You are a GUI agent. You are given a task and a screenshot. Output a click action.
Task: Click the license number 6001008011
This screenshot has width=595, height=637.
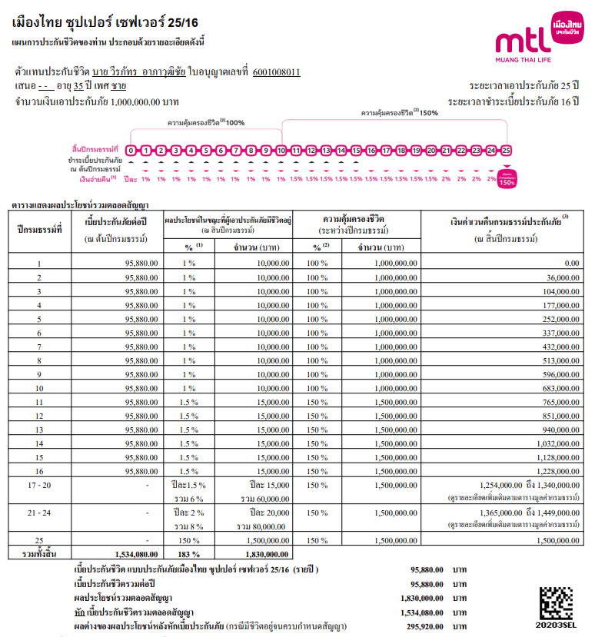(x=276, y=73)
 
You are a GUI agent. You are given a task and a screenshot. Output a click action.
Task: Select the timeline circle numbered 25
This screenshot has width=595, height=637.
(x=506, y=151)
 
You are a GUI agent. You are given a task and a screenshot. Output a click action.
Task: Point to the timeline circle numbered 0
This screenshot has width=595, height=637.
(x=131, y=151)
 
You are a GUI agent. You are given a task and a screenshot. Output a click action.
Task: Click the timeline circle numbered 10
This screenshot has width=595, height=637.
(x=281, y=151)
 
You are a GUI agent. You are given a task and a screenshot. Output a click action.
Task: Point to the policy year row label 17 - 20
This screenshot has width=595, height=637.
(x=39, y=486)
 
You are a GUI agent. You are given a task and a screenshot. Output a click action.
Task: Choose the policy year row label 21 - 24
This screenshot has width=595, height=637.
(x=39, y=513)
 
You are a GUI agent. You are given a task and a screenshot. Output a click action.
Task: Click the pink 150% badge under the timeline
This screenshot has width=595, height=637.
(x=507, y=181)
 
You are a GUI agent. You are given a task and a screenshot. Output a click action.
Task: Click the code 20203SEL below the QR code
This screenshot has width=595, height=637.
(x=557, y=627)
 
